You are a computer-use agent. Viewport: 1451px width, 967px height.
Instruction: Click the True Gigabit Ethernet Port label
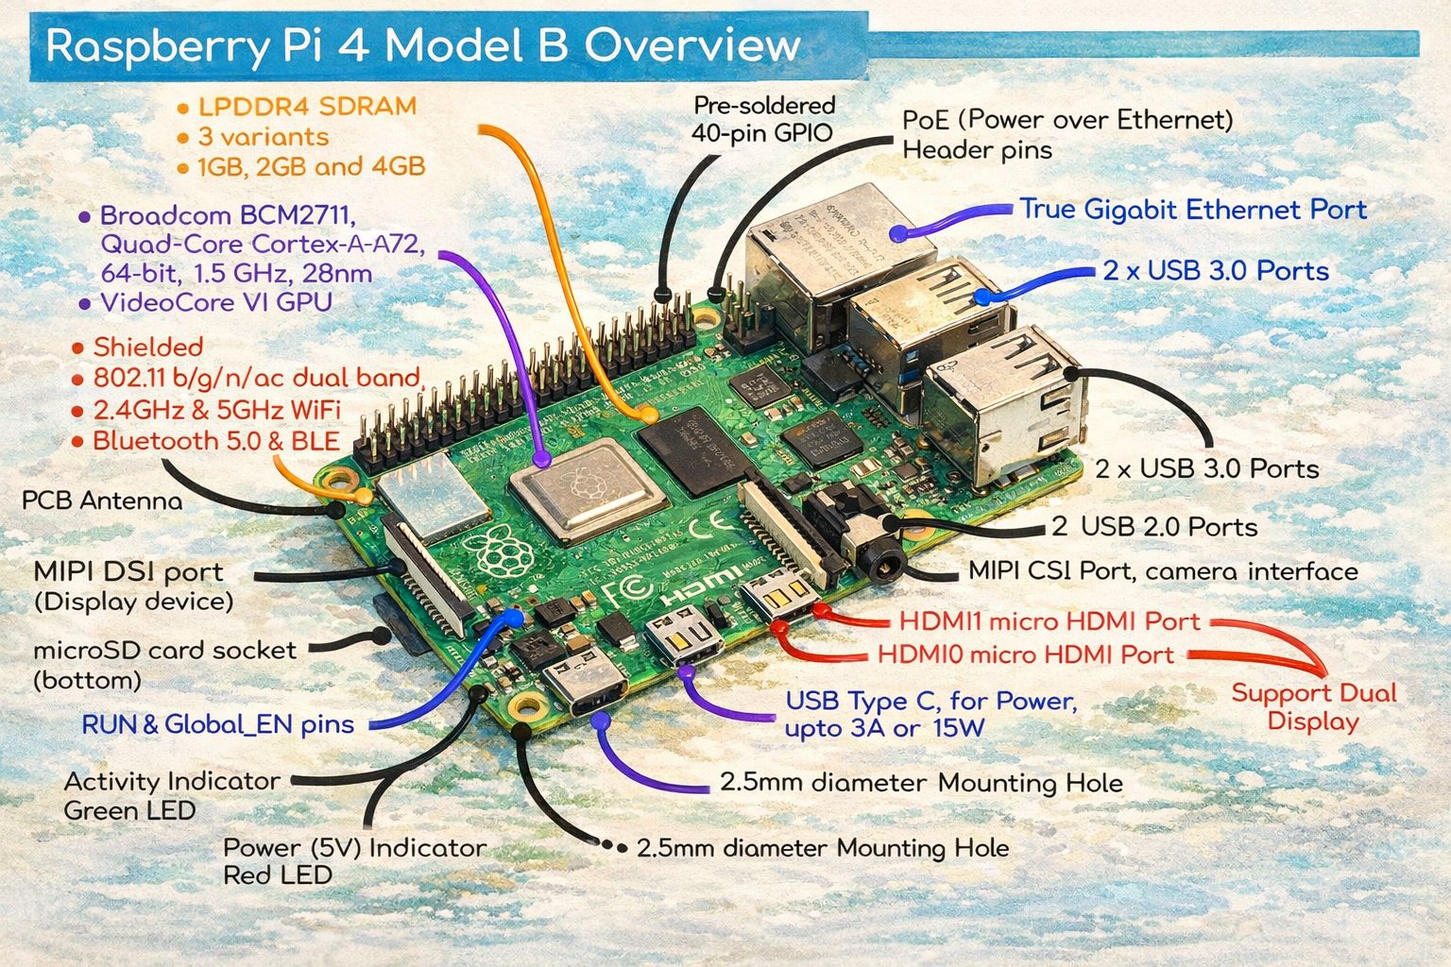pos(1192,210)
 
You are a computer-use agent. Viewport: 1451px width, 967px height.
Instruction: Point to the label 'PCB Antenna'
pos(102,500)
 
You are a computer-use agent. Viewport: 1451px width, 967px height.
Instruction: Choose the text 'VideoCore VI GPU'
pos(215,303)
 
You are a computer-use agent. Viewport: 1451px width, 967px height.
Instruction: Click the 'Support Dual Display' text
pos(1313,707)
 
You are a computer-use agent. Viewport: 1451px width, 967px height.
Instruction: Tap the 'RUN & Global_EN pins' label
pos(217,725)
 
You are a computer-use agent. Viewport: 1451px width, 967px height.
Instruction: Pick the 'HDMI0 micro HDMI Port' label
pos(1026,654)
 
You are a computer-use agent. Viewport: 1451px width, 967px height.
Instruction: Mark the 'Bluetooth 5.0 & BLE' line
pos(215,441)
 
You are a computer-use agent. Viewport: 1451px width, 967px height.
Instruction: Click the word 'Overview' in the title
pos(692,45)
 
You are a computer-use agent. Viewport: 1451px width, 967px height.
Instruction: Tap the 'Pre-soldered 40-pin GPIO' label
pos(763,119)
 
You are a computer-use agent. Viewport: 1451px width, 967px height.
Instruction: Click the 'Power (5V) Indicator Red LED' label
pos(354,861)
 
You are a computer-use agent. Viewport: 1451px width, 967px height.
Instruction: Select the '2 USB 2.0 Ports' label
pos(1154,527)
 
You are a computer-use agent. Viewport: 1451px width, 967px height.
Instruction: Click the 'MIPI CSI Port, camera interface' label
pos(1163,571)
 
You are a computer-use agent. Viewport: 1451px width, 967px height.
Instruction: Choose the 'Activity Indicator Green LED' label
pos(172,795)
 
